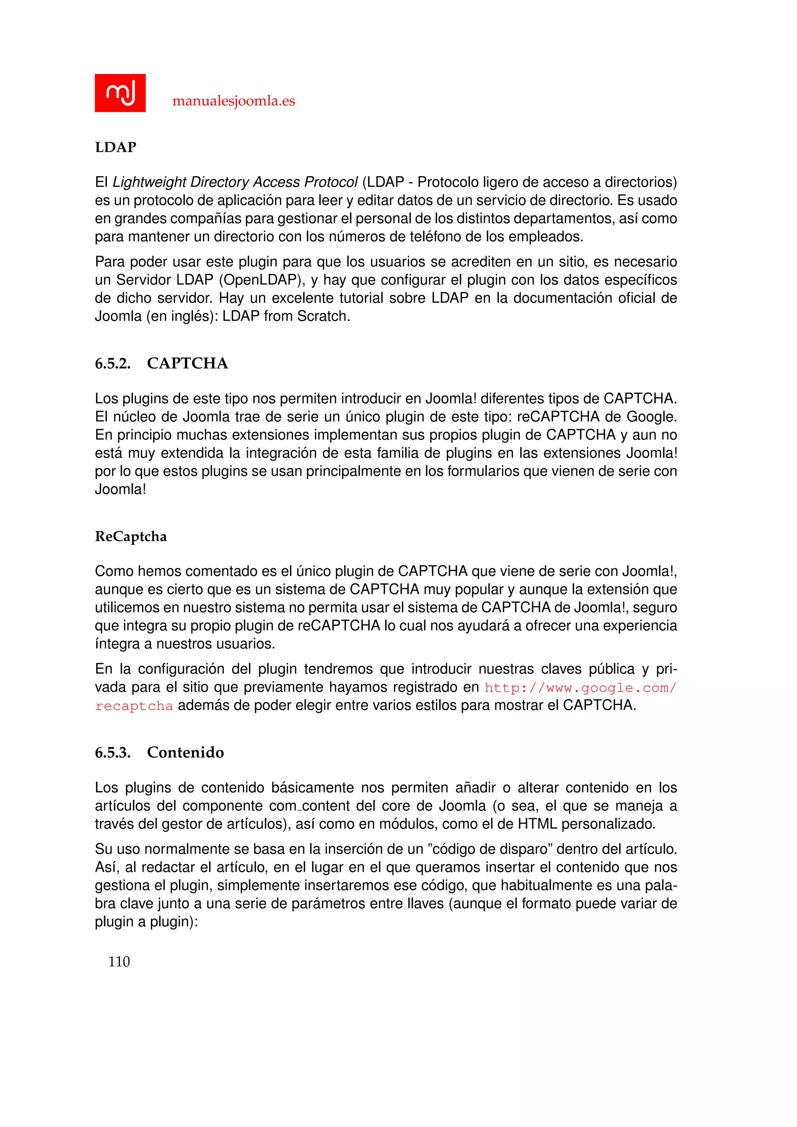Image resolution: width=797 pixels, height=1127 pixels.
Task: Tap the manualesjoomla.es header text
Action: pos(233,101)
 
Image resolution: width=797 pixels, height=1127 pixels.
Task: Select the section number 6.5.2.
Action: pos(113,364)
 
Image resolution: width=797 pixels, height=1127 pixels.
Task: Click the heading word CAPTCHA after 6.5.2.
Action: pos(188,364)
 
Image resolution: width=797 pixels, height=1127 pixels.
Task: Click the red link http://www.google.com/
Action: pos(580,688)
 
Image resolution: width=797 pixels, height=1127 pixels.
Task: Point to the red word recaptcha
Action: pos(134,706)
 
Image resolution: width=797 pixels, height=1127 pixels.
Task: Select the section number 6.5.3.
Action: pos(113,753)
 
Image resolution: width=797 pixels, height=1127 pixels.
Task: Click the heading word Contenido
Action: pos(186,753)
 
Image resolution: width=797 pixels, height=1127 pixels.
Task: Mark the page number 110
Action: pos(119,961)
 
